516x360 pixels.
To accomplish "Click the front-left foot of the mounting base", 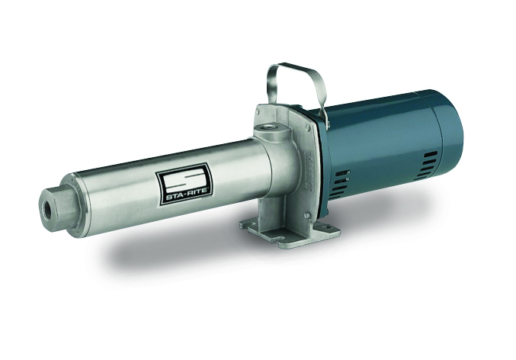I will click(252, 225).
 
